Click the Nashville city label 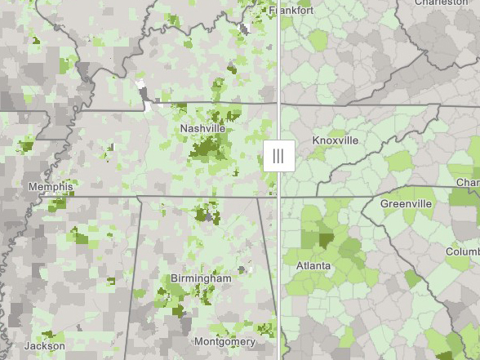[x=203, y=128]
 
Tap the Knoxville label [x=335, y=140]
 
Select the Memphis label [x=51, y=187]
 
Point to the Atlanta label [x=313, y=266]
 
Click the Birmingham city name [x=201, y=278]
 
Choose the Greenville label [x=406, y=203]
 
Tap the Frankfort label [x=291, y=11]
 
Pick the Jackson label [x=44, y=345]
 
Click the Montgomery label [x=225, y=341]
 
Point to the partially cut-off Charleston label [x=441, y=2]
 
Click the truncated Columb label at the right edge [x=462, y=252]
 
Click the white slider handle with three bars [x=278, y=155]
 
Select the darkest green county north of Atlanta [x=326, y=242]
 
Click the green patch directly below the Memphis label [x=56, y=202]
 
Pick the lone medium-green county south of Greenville [x=413, y=278]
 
